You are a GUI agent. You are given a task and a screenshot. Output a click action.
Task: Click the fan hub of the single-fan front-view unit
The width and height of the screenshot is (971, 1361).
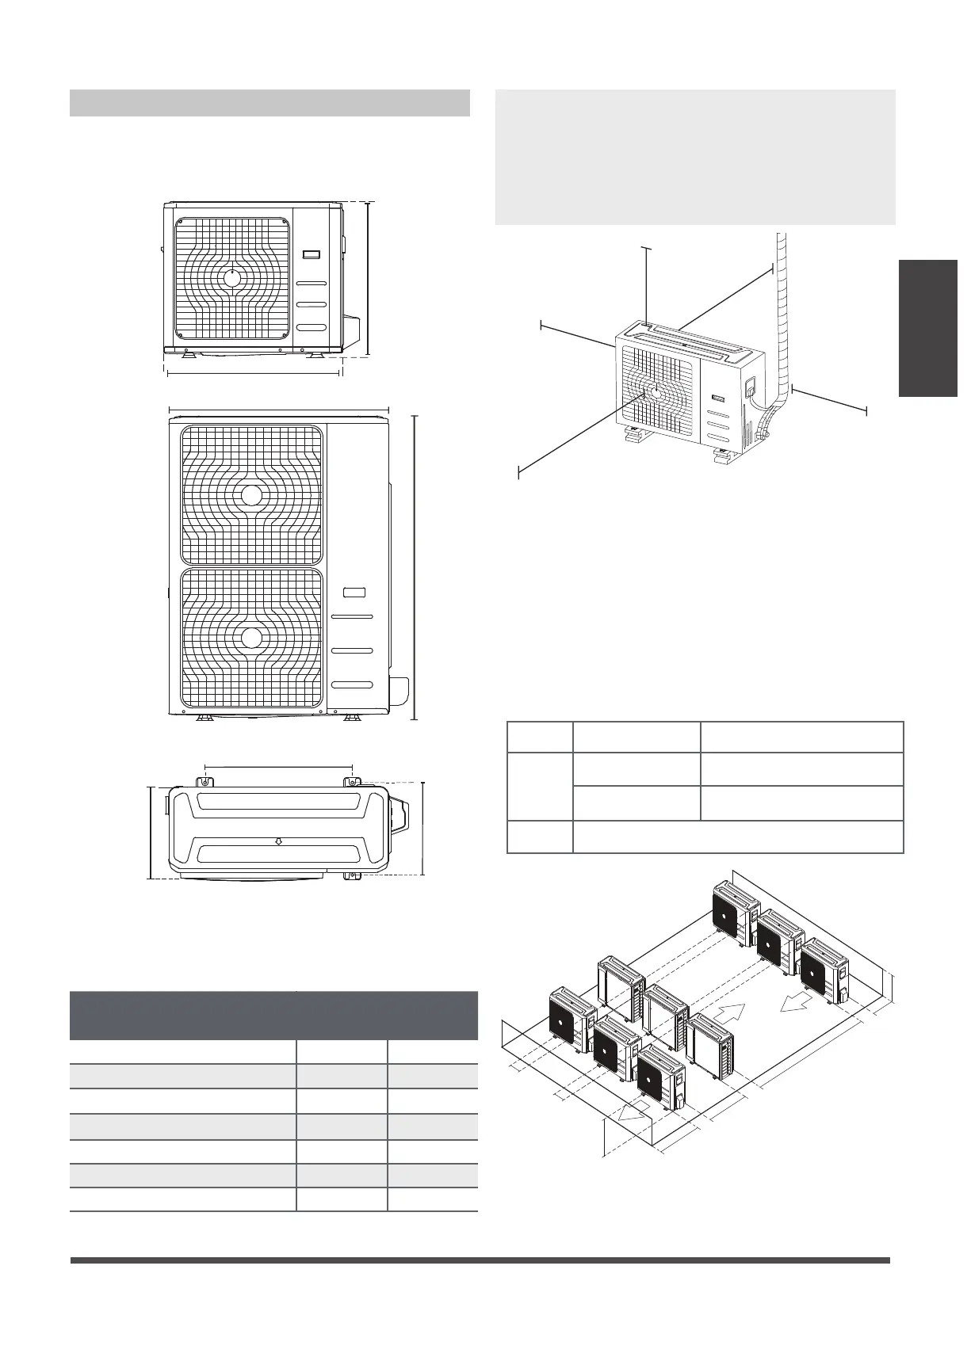point(232,278)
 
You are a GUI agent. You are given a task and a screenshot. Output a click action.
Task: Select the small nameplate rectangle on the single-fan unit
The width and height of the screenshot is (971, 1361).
point(311,255)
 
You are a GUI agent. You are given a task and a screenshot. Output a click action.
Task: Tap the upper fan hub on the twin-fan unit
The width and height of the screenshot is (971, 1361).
point(251,496)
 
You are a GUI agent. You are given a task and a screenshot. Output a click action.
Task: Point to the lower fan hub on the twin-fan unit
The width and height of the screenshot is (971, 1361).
point(251,638)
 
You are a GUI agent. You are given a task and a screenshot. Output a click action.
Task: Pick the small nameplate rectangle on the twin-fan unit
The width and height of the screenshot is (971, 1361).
point(354,592)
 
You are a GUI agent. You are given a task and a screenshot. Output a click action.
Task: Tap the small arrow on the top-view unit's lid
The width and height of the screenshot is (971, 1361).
point(278,841)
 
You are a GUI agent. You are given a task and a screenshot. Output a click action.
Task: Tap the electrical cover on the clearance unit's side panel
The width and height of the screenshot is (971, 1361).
point(750,388)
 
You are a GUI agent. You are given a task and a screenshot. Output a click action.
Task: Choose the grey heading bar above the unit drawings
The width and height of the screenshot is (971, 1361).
point(270,104)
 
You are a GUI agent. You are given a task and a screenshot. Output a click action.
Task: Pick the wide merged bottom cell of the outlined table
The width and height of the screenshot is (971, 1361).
point(737,837)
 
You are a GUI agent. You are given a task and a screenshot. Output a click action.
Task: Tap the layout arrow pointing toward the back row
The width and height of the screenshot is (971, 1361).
point(733,1015)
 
